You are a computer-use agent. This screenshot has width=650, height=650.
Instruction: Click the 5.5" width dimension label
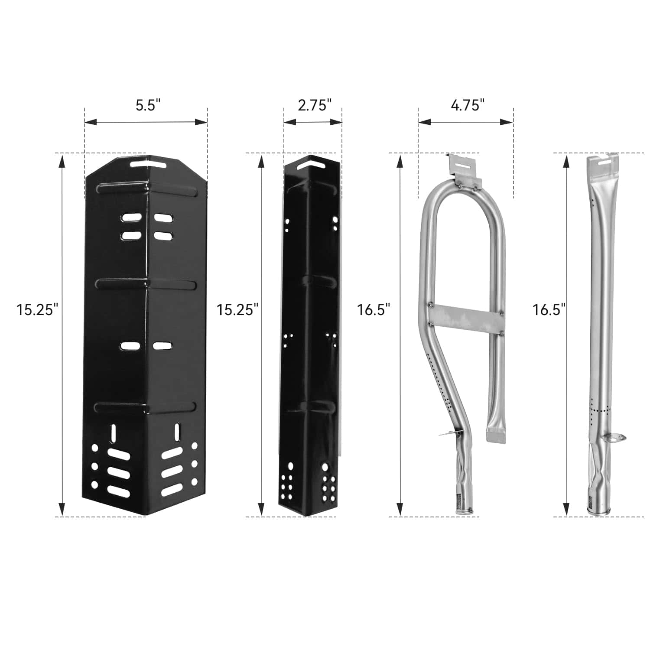click(148, 105)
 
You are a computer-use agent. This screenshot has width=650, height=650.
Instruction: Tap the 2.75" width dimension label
click(315, 105)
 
